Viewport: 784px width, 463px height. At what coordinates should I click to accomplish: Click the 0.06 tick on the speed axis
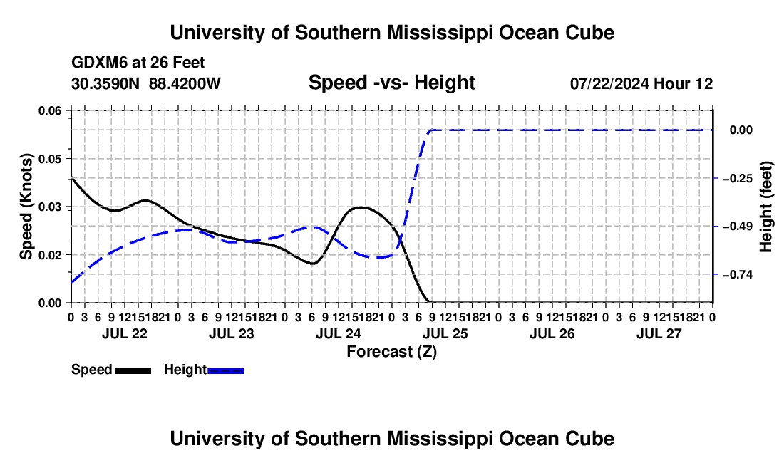(x=50, y=110)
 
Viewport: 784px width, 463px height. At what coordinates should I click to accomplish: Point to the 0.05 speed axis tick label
(x=50, y=159)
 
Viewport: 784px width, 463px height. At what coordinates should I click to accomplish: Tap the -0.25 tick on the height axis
(x=738, y=178)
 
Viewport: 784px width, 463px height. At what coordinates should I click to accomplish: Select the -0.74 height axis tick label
(x=738, y=275)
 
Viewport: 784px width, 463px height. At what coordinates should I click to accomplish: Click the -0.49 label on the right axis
(x=738, y=227)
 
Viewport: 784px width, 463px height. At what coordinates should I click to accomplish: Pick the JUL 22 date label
(x=125, y=333)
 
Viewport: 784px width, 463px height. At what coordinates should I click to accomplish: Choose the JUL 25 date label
(x=445, y=333)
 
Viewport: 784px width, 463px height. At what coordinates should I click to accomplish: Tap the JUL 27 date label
(x=659, y=333)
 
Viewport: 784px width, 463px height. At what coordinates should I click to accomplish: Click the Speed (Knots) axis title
(x=26, y=207)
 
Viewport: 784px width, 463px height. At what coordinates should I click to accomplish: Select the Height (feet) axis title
(x=765, y=207)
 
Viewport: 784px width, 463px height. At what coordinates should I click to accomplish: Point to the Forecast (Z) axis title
(x=391, y=352)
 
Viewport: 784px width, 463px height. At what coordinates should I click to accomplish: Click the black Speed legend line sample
(x=133, y=371)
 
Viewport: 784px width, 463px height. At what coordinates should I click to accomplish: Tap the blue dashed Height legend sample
(x=225, y=371)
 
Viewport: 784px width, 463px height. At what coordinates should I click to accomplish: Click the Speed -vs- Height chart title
(x=391, y=83)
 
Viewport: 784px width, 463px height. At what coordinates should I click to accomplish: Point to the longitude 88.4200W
(x=185, y=83)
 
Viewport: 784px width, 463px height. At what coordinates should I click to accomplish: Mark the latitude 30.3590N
(x=105, y=83)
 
